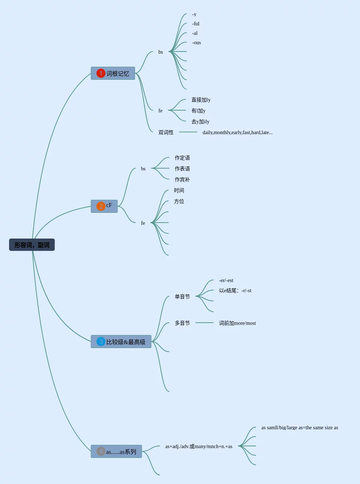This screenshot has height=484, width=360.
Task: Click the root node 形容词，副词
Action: point(32,245)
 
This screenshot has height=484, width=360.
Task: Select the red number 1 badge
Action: point(101,73)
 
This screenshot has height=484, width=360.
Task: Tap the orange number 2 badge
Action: point(101,206)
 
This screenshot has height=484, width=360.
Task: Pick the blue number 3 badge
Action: point(101,342)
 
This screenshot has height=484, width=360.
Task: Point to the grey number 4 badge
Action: point(101,451)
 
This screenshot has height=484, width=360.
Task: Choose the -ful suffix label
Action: point(196,24)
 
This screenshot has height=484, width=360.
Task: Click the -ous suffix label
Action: point(196,42)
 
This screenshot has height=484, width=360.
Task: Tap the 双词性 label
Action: point(166,132)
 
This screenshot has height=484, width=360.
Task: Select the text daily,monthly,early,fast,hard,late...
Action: point(237,132)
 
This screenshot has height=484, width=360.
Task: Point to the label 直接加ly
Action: point(201,100)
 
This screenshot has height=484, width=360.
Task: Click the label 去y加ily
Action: point(200,121)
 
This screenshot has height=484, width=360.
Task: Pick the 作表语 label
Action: point(182,169)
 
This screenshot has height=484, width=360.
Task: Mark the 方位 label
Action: point(179,201)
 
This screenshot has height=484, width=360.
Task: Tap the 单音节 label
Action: point(182,297)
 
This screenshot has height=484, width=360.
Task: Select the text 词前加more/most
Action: point(237,323)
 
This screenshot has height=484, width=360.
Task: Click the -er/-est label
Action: point(226,280)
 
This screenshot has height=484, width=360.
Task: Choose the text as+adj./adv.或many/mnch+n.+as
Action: point(199,446)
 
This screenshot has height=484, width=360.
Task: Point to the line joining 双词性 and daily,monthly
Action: point(188,132)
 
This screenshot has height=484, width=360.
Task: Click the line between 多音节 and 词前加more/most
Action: point(204,323)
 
